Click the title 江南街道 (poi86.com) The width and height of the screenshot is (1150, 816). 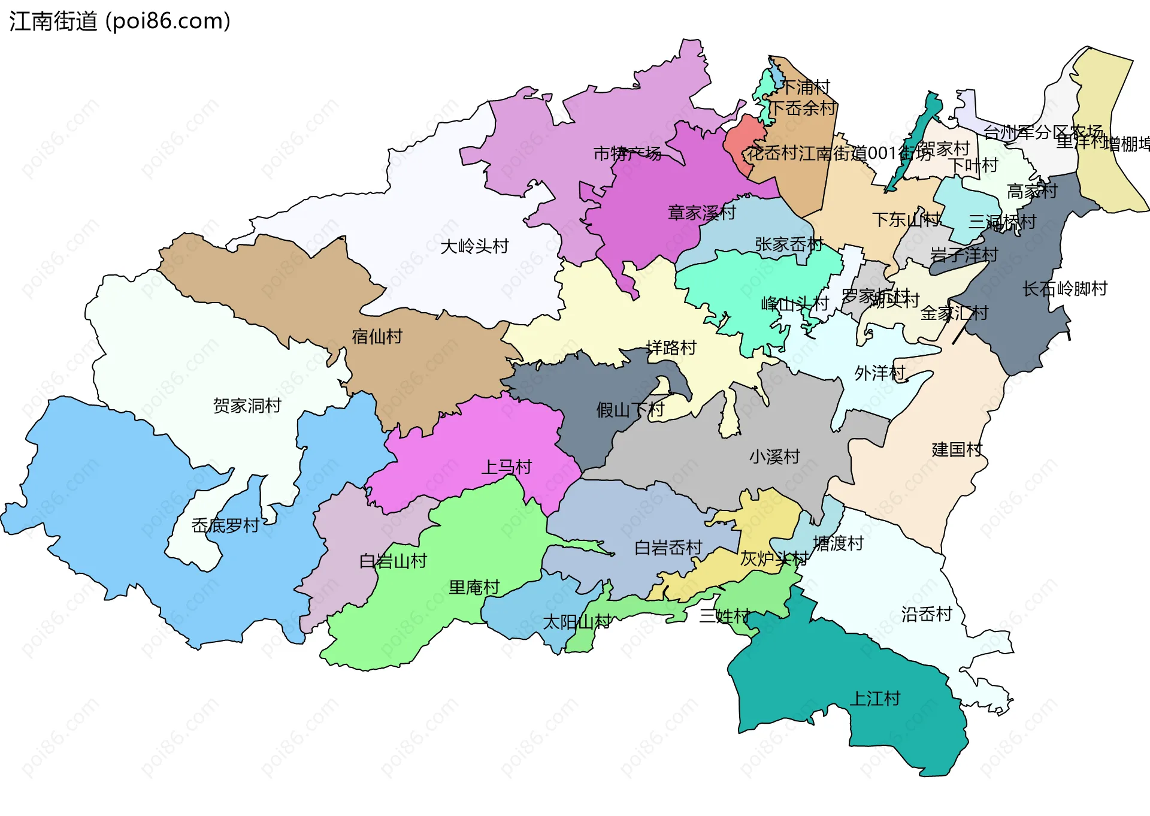click(x=120, y=22)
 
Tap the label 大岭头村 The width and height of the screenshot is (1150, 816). click(x=474, y=246)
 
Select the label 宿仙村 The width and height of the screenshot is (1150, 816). click(x=377, y=337)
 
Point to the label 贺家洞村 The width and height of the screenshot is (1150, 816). click(x=247, y=406)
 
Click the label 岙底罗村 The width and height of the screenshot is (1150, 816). click(x=225, y=525)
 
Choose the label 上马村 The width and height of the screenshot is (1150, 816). click(x=506, y=467)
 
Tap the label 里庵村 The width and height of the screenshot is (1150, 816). click(x=474, y=587)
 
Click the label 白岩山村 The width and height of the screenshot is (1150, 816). click(x=393, y=561)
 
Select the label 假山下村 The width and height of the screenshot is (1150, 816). click(x=630, y=410)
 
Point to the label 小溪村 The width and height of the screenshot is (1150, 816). click(x=774, y=457)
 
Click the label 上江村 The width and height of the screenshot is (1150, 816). click(x=874, y=699)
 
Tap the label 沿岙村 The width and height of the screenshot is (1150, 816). click(x=927, y=614)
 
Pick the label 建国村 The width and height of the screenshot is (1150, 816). click(x=957, y=449)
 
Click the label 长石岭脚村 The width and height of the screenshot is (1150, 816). click(x=1065, y=289)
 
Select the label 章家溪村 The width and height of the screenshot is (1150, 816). click(x=701, y=213)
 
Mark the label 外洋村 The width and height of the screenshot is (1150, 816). click(x=879, y=373)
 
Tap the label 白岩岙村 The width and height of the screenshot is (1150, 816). click(x=668, y=548)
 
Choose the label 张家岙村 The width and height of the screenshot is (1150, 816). click(x=789, y=244)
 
